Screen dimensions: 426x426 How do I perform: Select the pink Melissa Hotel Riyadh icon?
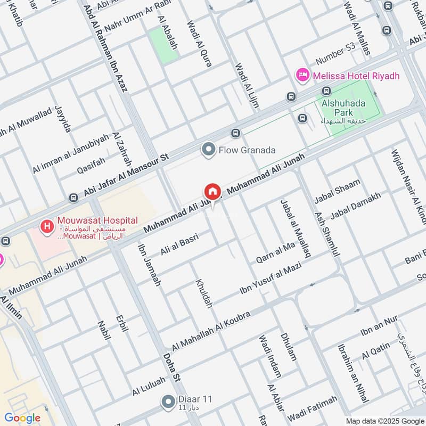(x=303, y=76)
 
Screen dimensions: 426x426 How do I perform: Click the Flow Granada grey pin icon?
(x=208, y=150)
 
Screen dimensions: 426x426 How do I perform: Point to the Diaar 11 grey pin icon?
(x=169, y=400)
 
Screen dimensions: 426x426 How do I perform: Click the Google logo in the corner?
(x=22, y=418)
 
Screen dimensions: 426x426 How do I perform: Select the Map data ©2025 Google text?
(x=385, y=419)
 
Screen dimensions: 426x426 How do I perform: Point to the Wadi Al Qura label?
(x=200, y=44)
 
